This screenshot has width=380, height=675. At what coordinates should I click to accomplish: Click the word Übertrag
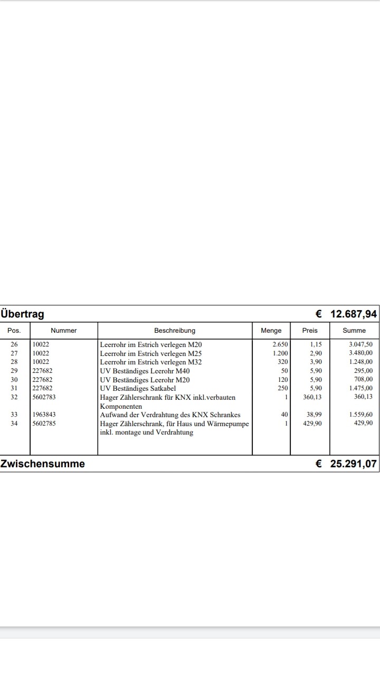[23, 314]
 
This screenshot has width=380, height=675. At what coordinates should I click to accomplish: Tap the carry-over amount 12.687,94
[353, 314]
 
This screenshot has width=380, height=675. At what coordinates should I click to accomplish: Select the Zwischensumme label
[43, 464]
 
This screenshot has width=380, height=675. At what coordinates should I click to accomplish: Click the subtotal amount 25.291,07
[353, 464]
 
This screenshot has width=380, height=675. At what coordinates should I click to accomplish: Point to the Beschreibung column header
[175, 331]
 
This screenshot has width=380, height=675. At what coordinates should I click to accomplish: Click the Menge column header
[271, 331]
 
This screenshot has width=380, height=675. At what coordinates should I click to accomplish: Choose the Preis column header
[310, 331]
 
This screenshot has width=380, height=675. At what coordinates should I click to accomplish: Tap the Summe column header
[354, 331]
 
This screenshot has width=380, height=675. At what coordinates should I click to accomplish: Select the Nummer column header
[64, 331]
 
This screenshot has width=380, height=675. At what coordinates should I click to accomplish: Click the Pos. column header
[14, 331]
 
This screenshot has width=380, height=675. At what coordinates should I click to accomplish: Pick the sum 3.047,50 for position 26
[360, 344]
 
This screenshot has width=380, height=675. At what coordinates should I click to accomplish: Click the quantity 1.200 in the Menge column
[280, 353]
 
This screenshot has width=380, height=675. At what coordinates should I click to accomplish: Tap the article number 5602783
[44, 397]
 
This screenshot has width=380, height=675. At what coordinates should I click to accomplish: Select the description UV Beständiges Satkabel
[138, 389]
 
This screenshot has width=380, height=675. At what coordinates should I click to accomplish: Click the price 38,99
[314, 415]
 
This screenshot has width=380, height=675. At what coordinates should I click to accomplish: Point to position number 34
[14, 423]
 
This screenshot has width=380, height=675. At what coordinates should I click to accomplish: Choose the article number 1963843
[44, 415]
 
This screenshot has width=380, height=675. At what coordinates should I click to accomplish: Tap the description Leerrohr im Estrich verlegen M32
[151, 362]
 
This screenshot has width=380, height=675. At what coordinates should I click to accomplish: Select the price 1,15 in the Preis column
[316, 344]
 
